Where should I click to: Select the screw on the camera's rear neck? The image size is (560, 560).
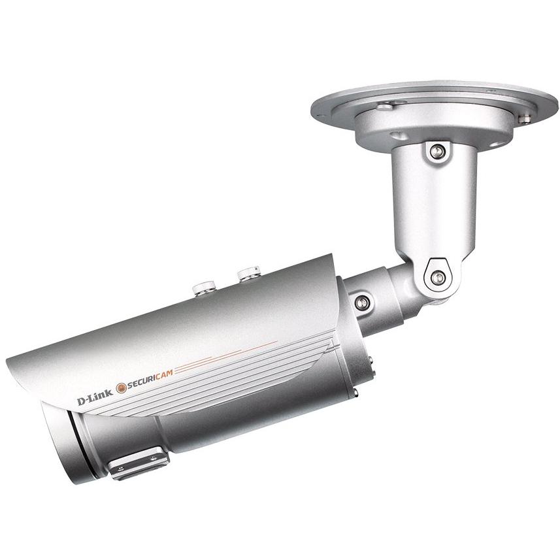361,302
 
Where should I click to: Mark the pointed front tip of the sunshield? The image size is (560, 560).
9,363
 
